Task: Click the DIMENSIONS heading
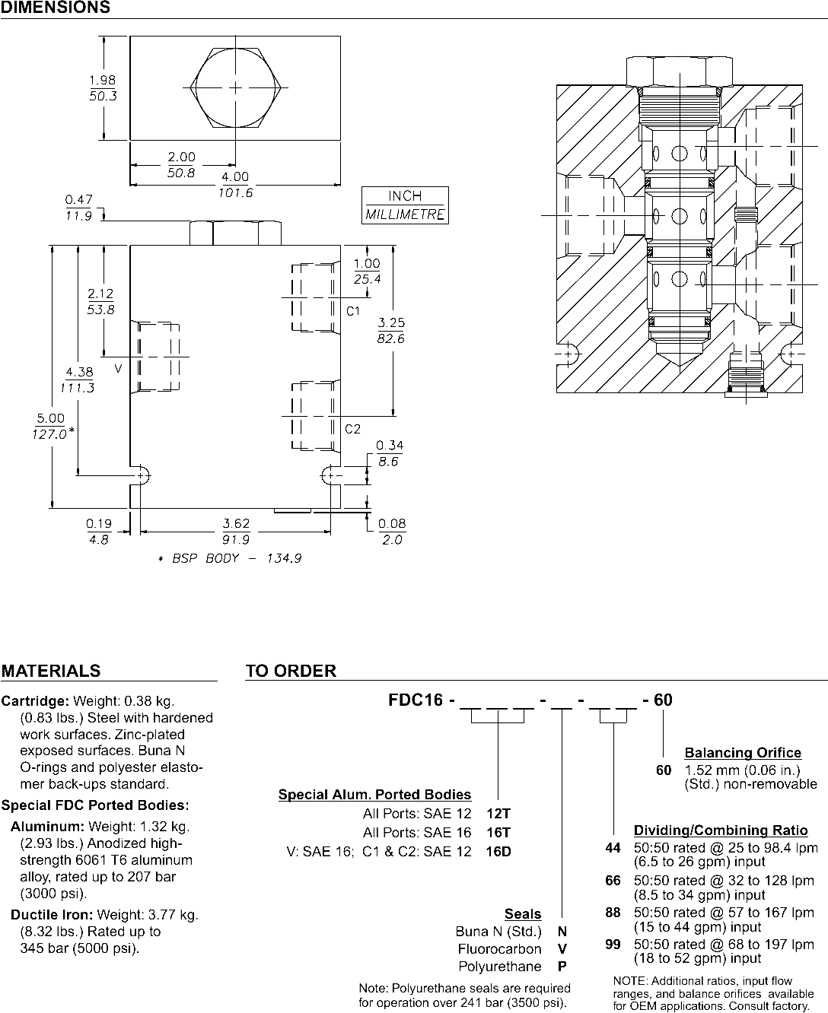(x=55, y=8)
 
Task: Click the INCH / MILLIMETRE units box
(x=405, y=205)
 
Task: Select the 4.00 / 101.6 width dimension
(x=235, y=185)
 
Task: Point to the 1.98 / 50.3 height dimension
(x=103, y=88)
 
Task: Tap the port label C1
(x=353, y=311)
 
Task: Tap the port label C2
(x=353, y=429)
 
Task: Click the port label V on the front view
(x=118, y=368)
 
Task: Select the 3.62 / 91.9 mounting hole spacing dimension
(x=236, y=532)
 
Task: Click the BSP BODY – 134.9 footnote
(x=230, y=558)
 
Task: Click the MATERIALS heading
(x=51, y=671)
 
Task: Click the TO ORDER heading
(x=291, y=671)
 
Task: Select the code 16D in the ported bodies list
(x=498, y=852)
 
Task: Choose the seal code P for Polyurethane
(x=562, y=967)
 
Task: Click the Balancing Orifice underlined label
(x=743, y=753)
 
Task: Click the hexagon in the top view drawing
(x=235, y=88)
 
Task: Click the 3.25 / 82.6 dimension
(x=390, y=331)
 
